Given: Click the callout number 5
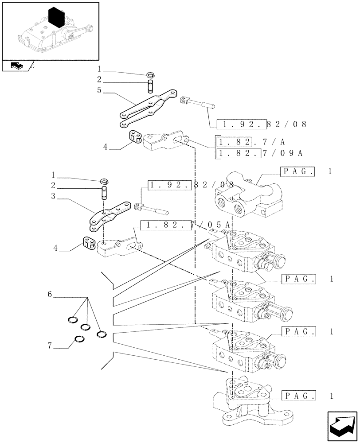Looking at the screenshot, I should click(99, 90).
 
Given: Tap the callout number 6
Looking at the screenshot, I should click(50, 295).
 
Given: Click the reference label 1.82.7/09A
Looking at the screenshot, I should click(259, 153).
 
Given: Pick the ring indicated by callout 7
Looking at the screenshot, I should click(80, 339).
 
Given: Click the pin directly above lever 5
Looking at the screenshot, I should click(150, 84).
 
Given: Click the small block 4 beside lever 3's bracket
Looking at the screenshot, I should click(88, 243).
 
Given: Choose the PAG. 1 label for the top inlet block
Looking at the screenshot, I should click(306, 172).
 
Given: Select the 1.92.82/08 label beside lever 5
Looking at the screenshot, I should click(262, 124).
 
